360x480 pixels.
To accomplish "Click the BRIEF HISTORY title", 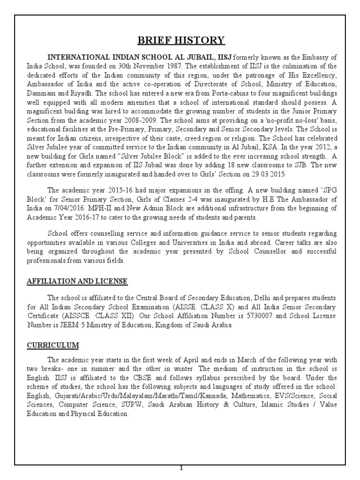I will [180, 40].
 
